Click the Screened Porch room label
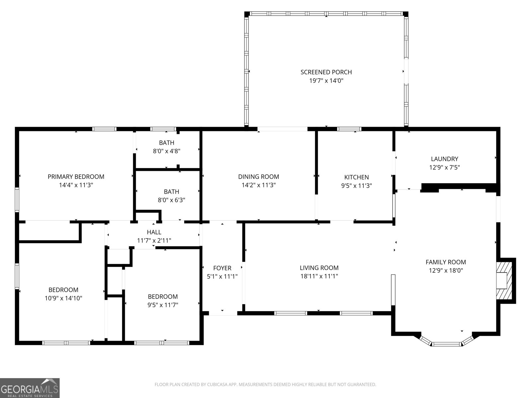click(x=326, y=72)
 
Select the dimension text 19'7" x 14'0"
click(x=326, y=81)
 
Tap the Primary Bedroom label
click(x=76, y=177)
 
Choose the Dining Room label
click(x=259, y=177)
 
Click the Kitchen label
click(x=356, y=177)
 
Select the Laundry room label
click(x=444, y=159)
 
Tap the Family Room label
click(x=446, y=262)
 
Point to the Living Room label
click(x=319, y=268)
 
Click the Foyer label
click(x=222, y=268)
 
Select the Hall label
click(x=154, y=232)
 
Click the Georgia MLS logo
click(x=30, y=388)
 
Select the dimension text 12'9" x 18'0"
click(x=446, y=270)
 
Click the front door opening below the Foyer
click(x=222, y=313)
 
